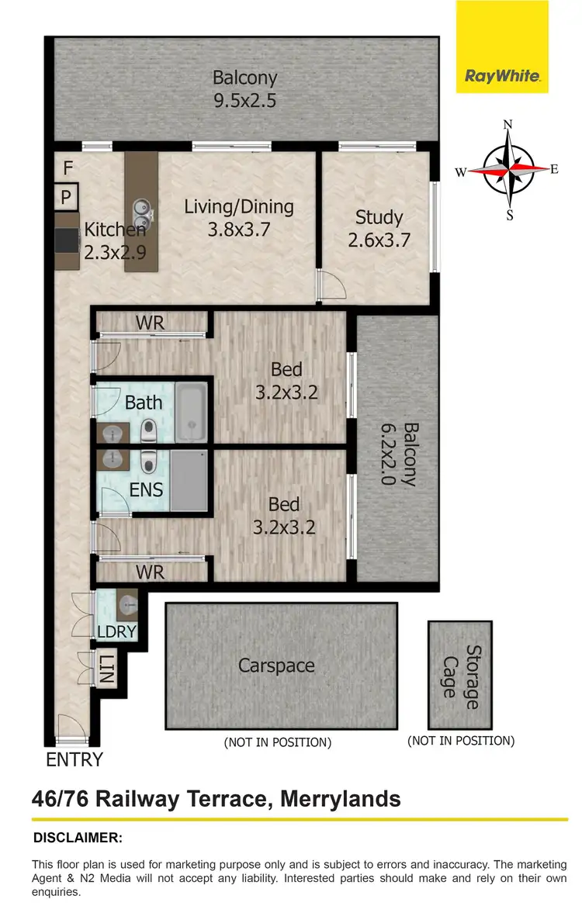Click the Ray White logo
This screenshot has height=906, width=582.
click(x=502, y=76)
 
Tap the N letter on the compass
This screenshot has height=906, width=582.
click(x=508, y=125)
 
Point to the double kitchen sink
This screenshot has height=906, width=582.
click(x=142, y=207)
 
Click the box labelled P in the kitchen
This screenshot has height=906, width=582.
click(x=67, y=196)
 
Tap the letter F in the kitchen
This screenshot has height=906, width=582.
click(x=68, y=168)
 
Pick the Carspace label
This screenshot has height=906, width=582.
click(x=276, y=666)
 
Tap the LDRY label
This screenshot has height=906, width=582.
click(x=116, y=631)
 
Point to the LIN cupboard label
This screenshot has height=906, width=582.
click(x=106, y=669)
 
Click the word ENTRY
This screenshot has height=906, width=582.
click(x=74, y=759)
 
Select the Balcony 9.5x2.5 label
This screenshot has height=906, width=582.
click(x=244, y=89)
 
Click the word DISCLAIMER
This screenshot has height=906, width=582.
click(x=78, y=838)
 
